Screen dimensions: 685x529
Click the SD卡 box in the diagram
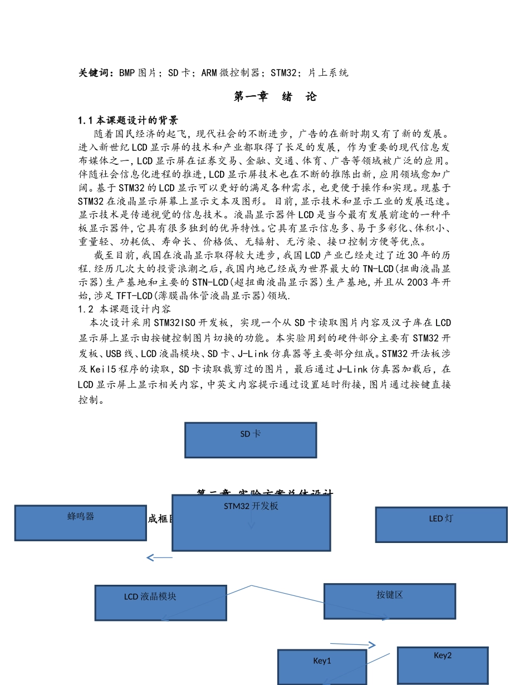(x=251, y=440)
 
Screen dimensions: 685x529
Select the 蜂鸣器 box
(x=81, y=523)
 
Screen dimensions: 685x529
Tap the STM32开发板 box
(x=251, y=522)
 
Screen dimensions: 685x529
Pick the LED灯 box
(x=441, y=525)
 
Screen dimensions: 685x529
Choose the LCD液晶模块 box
(x=160, y=603)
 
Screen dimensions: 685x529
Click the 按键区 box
(x=389, y=601)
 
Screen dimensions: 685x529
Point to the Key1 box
(x=322, y=667)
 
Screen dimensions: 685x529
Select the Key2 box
(x=443, y=665)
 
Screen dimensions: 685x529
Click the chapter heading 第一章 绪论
(x=275, y=97)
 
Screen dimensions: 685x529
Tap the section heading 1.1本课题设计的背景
(x=128, y=120)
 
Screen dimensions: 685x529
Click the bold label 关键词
(x=96, y=73)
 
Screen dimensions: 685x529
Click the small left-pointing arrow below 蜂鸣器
(x=159, y=557)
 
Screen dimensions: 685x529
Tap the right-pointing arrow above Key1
(x=353, y=644)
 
